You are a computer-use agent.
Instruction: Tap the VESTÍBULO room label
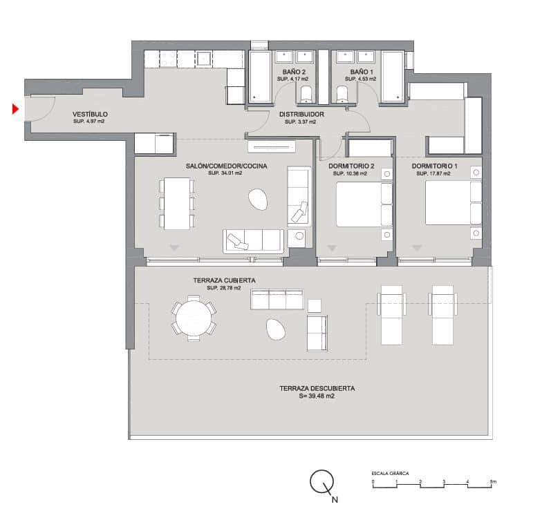(x=90, y=115)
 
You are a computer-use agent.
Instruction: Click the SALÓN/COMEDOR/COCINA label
(x=226, y=166)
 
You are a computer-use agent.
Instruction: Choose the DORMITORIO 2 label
(x=353, y=166)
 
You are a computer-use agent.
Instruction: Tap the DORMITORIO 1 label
(x=435, y=166)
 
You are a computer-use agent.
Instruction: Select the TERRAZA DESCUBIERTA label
(x=317, y=389)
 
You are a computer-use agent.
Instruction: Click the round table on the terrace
(x=194, y=318)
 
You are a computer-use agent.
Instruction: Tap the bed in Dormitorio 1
(x=447, y=203)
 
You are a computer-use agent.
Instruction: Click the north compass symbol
(x=321, y=481)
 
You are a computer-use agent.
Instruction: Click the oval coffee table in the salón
(x=259, y=200)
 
